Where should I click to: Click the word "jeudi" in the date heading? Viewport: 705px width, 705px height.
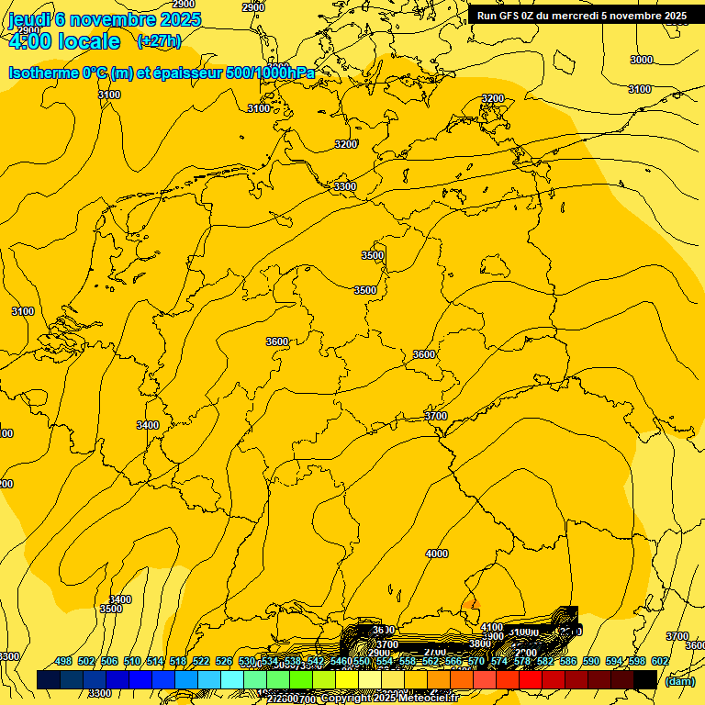click(x=29, y=19)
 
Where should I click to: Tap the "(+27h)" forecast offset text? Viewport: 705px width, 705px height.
click(x=159, y=40)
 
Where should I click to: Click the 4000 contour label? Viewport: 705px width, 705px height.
click(x=437, y=554)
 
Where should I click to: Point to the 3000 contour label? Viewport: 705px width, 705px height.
click(x=642, y=60)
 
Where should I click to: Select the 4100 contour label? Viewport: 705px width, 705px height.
click(x=492, y=627)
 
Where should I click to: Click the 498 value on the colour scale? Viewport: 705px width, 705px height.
click(x=63, y=662)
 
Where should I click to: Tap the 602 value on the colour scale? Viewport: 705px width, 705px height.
click(x=660, y=662)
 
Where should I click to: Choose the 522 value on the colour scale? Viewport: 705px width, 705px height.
click(x=201, y=662)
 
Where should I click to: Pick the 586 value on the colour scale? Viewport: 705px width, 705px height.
click(x=568, y=662)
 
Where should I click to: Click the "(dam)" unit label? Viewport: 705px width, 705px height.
click(x=679, y=680)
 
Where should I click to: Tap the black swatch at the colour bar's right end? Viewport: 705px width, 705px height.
click(x=645, y=679)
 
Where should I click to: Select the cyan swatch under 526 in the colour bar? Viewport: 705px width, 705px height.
click(x=232, y=679)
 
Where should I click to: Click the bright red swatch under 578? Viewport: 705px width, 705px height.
click(x=531, y=679)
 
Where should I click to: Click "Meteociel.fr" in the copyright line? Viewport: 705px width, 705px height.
click(x=428, y=698)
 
